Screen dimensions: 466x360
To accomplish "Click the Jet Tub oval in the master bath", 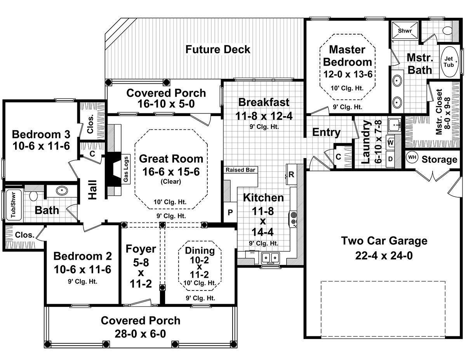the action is coord(449,61).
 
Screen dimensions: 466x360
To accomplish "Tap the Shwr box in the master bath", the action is coord(405,30).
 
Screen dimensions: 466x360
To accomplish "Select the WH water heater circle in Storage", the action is coord(412,157).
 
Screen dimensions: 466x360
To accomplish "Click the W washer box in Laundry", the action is coord(391,143).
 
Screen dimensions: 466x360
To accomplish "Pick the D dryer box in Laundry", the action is coord(391,159).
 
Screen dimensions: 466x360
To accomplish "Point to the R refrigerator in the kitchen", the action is coord(291,174).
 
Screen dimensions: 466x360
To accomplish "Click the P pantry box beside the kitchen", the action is coord(230,212).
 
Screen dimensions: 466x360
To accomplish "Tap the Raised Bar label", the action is coord(240,170).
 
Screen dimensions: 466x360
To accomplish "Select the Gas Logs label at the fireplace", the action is coord(126,169).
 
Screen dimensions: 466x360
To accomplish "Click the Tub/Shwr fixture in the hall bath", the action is coord(14,205).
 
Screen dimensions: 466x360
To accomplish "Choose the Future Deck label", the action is coord(218,49).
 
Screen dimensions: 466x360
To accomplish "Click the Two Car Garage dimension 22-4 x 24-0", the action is coord(384,256).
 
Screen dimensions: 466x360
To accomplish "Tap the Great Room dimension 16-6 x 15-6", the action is coord(171,172).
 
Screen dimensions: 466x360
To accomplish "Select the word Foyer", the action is coord(141,249).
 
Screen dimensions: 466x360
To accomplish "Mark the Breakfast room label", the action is coord(264,102).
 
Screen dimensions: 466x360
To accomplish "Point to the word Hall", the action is coord(93,190).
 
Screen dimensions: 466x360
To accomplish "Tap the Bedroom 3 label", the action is coord(41,134).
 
